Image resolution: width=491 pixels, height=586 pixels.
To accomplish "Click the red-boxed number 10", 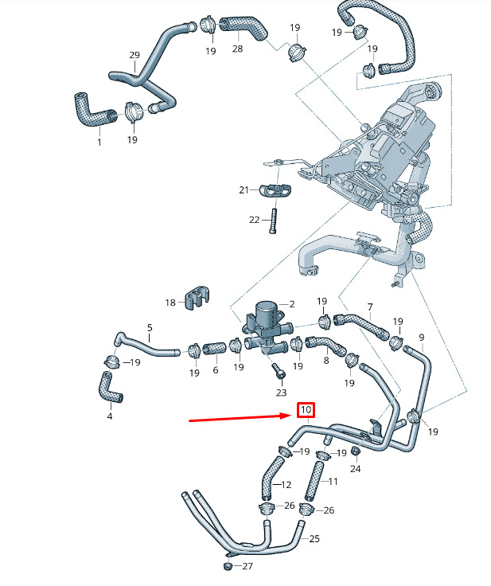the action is tap(306, 410).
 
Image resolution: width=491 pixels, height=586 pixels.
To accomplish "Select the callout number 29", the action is tap(134, 55).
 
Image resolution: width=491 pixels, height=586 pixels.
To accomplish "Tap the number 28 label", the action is tap(237, 49).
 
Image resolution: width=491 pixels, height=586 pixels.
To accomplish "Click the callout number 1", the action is tap(99, 143).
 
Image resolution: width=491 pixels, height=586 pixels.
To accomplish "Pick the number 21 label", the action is tap(244, 190).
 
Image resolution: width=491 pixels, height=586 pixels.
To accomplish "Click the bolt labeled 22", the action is tap(273, 221).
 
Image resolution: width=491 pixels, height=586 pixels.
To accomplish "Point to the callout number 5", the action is tap(150, 328).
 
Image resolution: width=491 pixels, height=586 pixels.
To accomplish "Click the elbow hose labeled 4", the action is tap(111, 387).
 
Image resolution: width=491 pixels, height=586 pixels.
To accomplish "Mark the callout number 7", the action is tap(370, 307).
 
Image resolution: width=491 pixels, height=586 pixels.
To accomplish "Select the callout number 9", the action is tap(422, 338).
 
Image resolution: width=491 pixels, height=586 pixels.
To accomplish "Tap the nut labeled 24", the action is tap(356, 451).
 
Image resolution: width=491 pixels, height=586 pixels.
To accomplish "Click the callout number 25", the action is tap(314, 538).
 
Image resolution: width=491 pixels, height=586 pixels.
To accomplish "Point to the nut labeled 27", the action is tap(228, 566).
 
